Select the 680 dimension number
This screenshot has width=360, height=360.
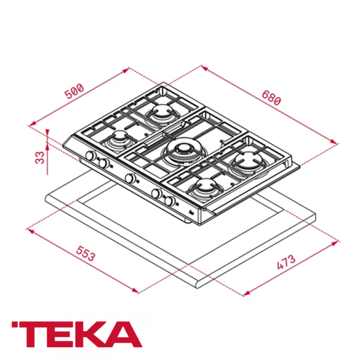click(271, 99)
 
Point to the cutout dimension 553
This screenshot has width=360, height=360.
click(86, 254)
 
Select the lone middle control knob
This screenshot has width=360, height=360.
click(130, 178)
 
